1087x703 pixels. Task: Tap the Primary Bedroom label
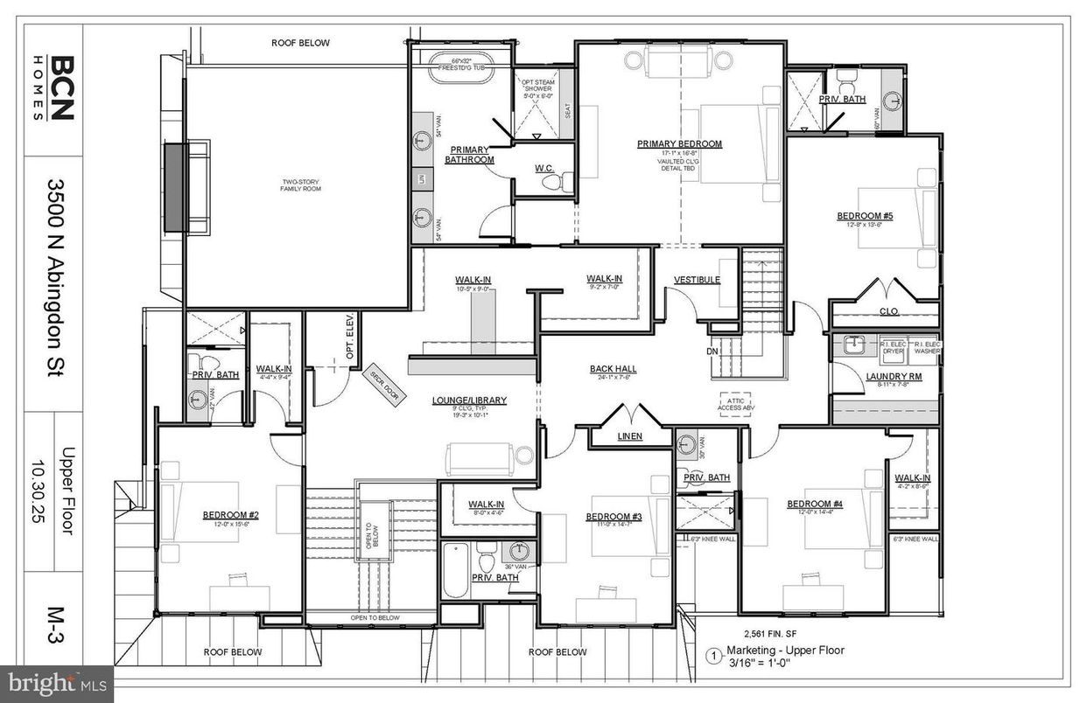[x=679, y=144]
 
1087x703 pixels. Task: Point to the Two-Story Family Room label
[x=297, y=185]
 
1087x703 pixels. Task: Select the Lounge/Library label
[x=469, y=400]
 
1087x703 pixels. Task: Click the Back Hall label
[x=613, y=369]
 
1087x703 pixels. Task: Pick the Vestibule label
[x=697, y=280]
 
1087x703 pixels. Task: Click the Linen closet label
[x=629, y=435]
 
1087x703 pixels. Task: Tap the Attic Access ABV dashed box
[x=735, y=402]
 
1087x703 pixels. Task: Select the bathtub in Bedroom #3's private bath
[x=455, y=569]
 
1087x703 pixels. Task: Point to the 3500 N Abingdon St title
[x=59, y=292]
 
